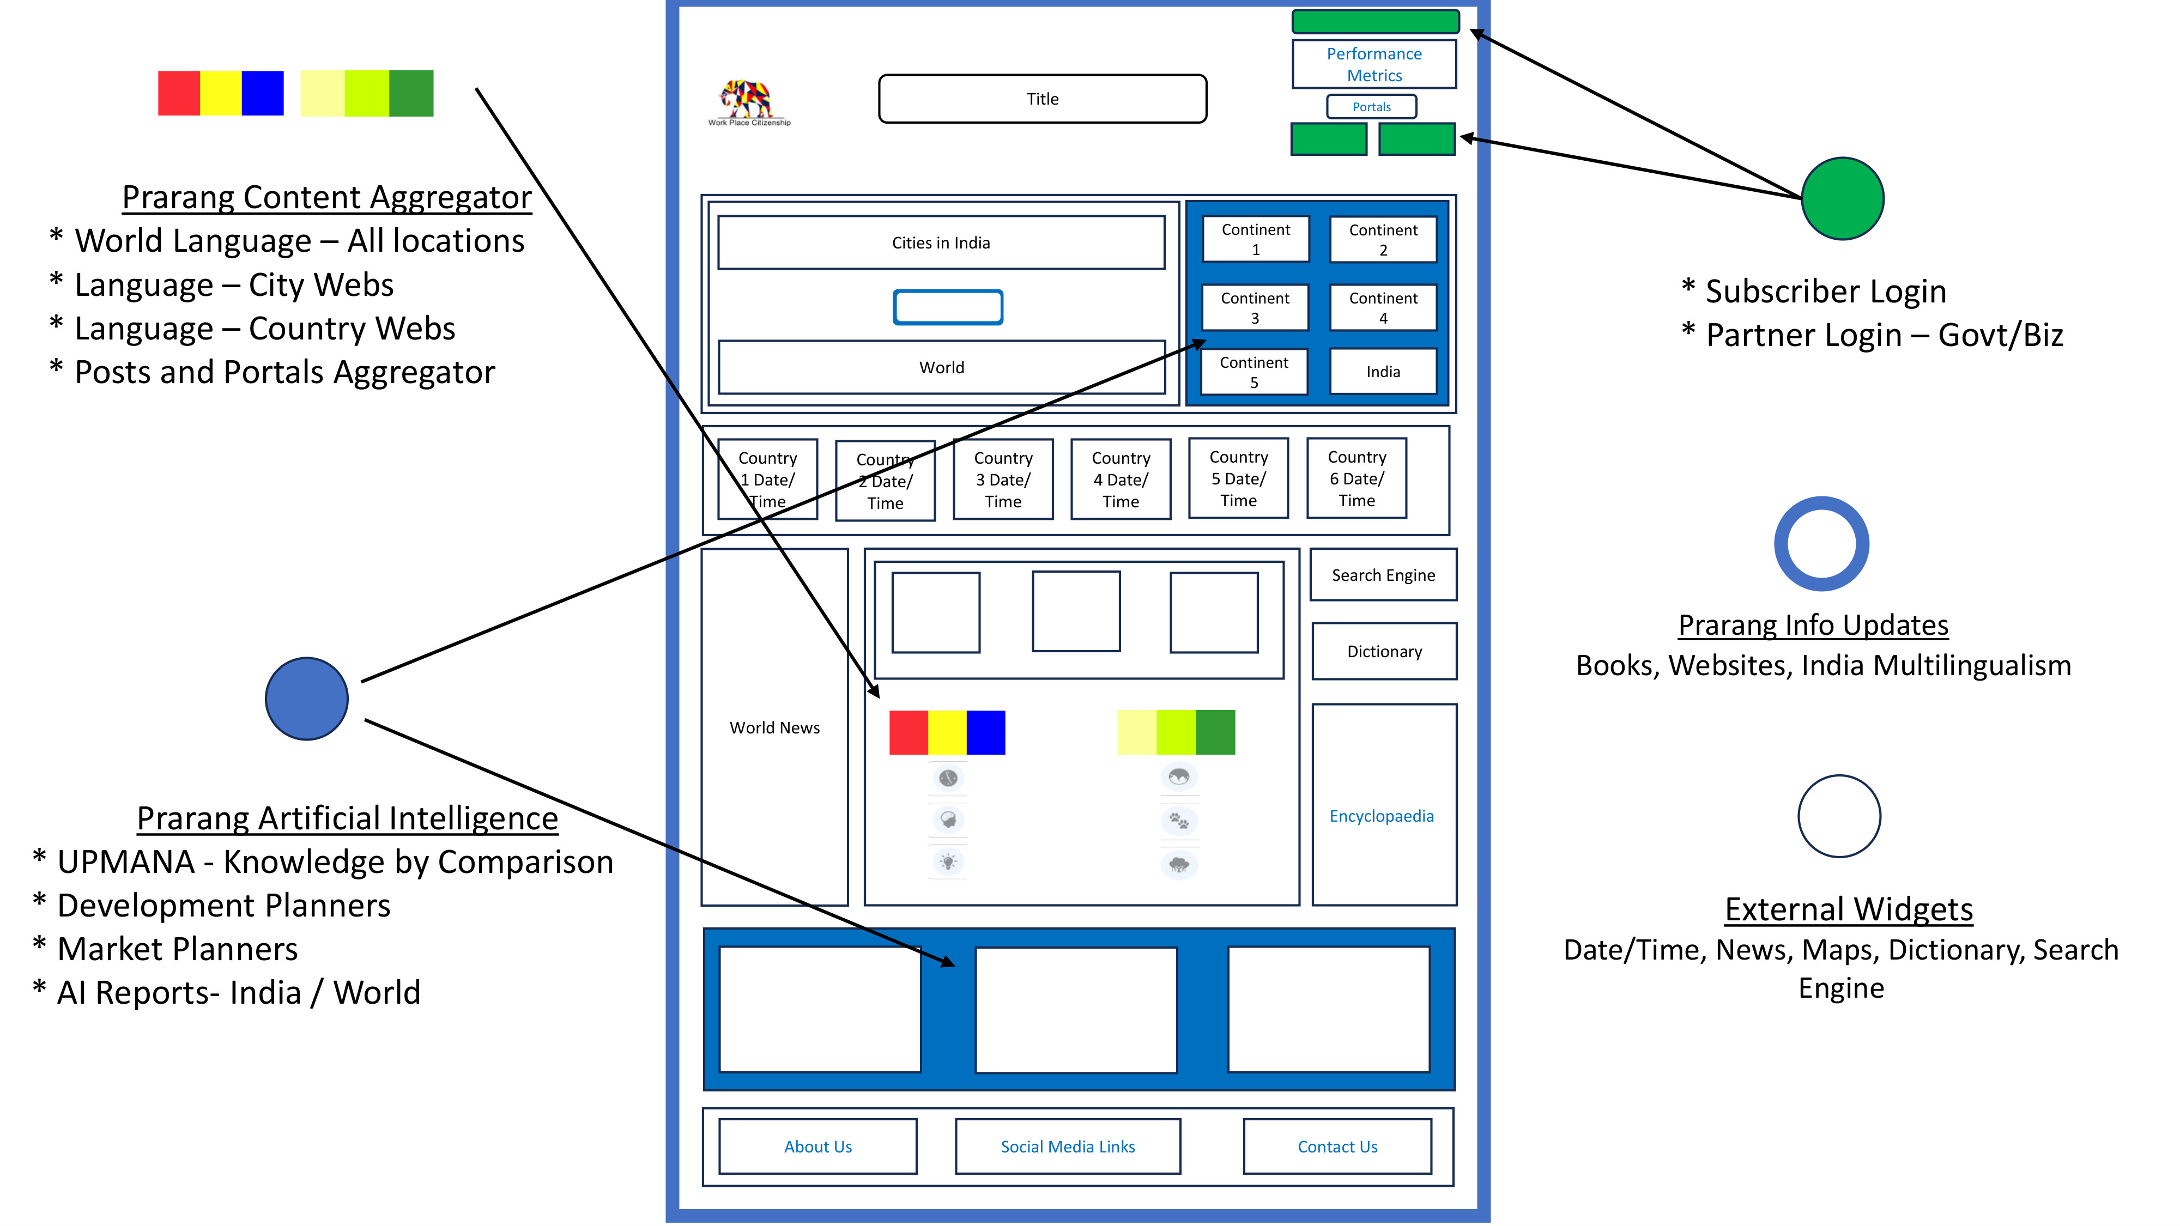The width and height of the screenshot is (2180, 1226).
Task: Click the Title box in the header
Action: click(1043, 99)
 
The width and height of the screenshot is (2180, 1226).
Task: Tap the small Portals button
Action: click(1371, 107)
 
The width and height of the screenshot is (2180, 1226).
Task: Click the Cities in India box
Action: click(941, 243)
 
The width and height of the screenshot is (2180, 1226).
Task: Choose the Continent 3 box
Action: click(1255, 308)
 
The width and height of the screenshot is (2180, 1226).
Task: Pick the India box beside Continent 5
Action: click(1383, 372)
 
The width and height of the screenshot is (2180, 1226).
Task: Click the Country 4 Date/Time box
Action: click(1121, 479)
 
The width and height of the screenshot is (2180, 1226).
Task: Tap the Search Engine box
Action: click(1383, 575)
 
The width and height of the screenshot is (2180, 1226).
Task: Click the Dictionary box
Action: click(1384, 652)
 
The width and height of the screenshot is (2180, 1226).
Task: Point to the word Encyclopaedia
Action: click(1381, 816)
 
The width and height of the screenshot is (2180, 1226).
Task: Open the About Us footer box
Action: click(818, 1146)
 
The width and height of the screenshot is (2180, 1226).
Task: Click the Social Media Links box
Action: click(1068, 1146)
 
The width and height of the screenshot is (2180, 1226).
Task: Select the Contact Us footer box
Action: click(1337, 1146)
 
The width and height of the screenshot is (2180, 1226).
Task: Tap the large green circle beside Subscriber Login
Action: click(1842, 199)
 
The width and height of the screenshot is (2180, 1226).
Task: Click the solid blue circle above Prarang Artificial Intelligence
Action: click(306, 699)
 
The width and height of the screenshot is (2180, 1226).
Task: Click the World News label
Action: click(774, 727)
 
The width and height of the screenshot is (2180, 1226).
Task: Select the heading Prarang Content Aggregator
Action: click(326, 197)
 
